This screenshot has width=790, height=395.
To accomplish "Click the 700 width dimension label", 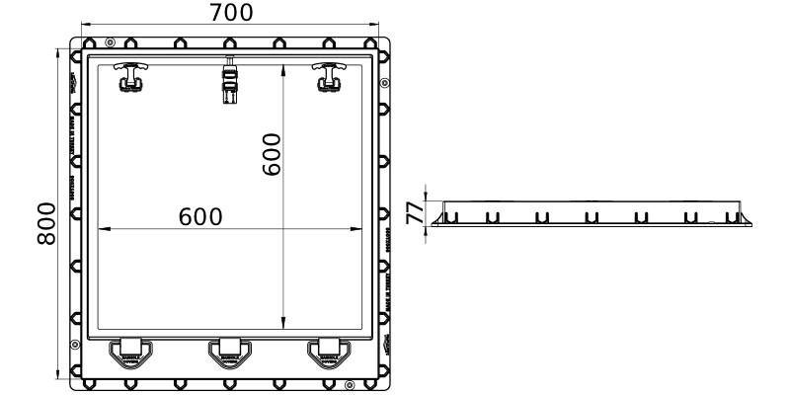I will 231,12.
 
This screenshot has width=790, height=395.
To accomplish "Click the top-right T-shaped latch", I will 326,76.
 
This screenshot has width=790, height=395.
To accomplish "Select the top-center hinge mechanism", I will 230,80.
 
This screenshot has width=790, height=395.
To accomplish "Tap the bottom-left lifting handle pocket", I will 128,353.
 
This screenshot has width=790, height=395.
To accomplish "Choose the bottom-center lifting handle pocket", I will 229,353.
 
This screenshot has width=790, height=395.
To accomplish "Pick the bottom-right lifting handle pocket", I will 327,353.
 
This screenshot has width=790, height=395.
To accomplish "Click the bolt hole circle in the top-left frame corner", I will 109,41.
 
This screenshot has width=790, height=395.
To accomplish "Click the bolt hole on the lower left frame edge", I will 74,345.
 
